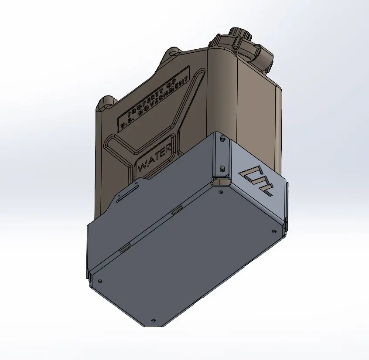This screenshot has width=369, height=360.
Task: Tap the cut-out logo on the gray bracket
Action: pos(258,180)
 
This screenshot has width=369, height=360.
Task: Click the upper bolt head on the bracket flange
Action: pos(222,139)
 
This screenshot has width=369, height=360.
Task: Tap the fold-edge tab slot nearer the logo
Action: pos(176,211)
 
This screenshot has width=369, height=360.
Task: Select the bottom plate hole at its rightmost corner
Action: pos(274,231)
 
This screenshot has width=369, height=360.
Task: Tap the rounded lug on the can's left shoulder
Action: pos(106,102)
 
